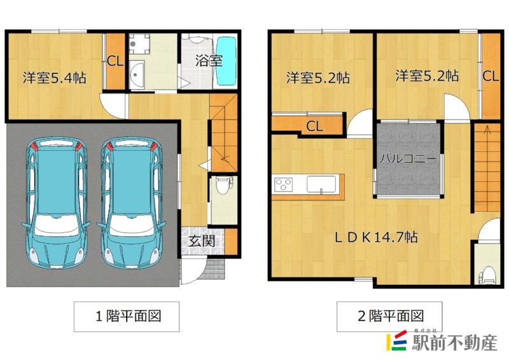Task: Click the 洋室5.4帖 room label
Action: [x=55, y=78]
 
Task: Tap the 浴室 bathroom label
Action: [x=208, y=61]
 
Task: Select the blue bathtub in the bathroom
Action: [x=226, y=62]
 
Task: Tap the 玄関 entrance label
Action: [x=201, y=241]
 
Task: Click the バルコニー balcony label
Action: [x=408, y=159]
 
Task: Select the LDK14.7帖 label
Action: [x=377, y=237]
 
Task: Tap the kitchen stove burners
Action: [x=283, y=185]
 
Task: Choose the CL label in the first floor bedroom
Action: [x=115, y=62]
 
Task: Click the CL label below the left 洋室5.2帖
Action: [x=314, y=126]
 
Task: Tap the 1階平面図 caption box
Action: [x=126, y=316]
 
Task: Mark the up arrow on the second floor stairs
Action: [x=487, y=131]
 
